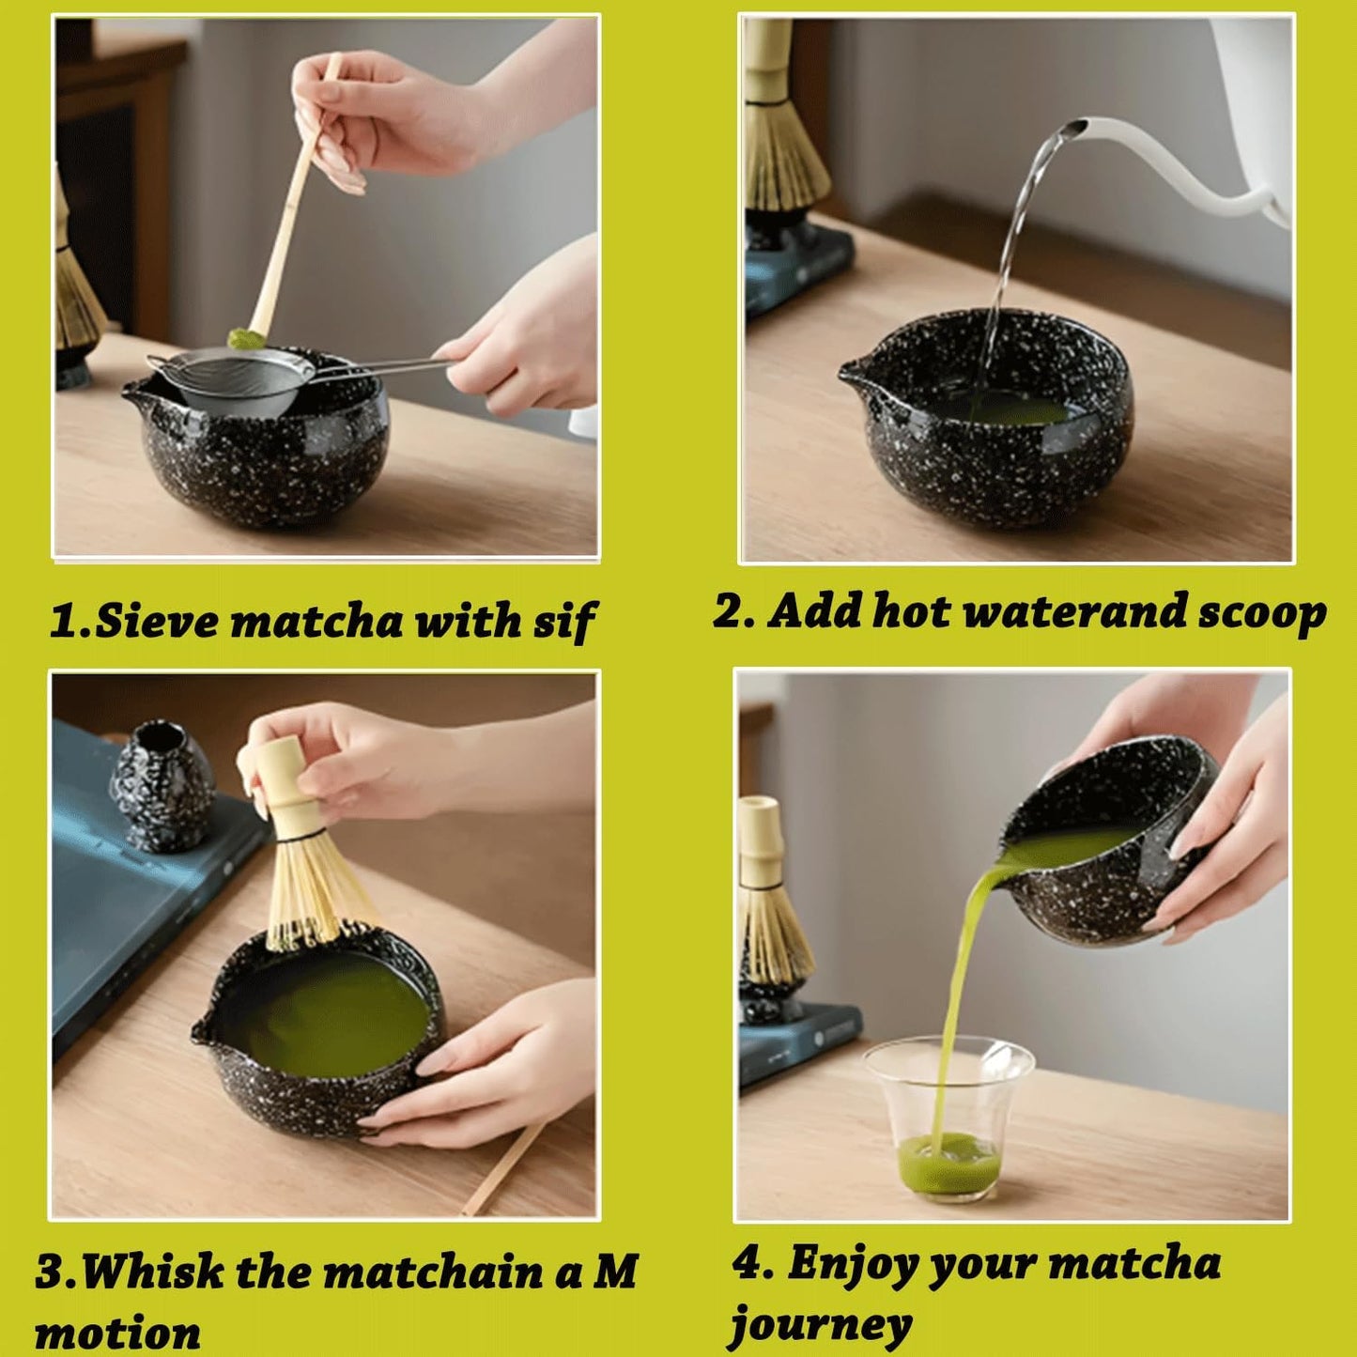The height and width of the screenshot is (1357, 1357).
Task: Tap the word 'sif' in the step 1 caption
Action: tap(565, 623)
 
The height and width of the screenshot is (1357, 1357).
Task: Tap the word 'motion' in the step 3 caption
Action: tap(117, 1333)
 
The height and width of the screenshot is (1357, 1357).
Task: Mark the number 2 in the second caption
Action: tap(728, 611)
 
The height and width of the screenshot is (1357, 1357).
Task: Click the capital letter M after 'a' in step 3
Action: tap(615, 1272)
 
